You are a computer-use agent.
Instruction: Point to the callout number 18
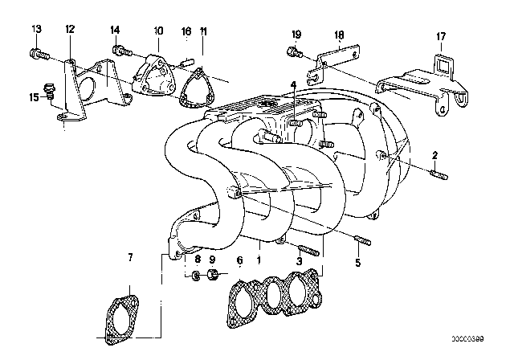tap(338, 35)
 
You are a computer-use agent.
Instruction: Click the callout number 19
tap(296, 35)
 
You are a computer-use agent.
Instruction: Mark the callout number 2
tap(434, 154)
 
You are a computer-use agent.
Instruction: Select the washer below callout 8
tap(196, 279)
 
